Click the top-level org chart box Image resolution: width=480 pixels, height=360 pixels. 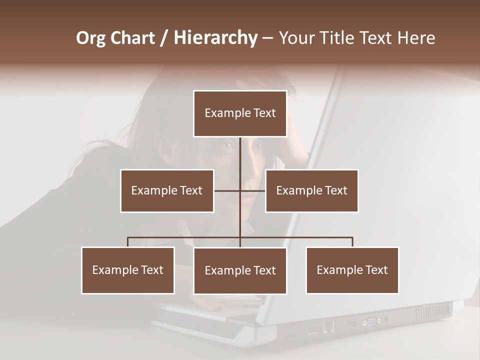click(240, 113)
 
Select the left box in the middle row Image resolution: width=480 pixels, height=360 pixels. click(167, 190)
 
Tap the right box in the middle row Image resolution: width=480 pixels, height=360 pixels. click(311, 190)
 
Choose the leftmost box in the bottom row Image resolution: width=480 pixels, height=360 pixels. click(128, 270)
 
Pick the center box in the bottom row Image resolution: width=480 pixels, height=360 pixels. click(240, 270)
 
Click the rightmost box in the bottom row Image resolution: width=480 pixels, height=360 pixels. click(352, 270)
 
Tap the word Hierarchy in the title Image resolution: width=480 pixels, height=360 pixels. click(215, 38)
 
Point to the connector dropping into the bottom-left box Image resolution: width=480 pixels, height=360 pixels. click(128, 242)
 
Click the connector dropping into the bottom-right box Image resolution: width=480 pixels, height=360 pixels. click(352, 242)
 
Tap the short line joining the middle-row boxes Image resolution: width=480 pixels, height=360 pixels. click(227, 190)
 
